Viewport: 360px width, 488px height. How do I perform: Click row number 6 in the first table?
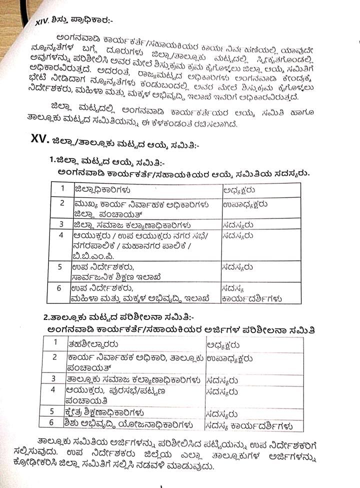pos(60,288)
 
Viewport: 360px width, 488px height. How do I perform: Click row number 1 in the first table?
pos(62,188)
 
